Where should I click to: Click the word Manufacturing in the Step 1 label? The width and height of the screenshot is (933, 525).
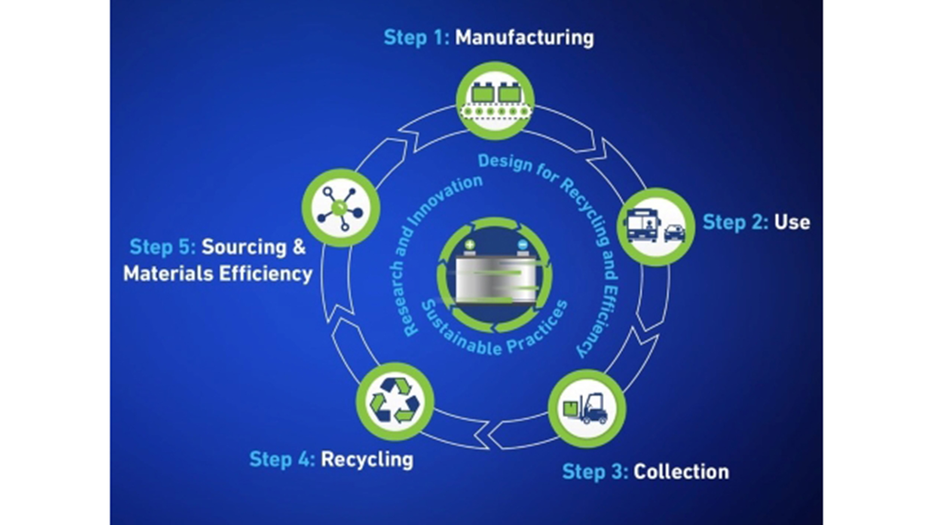(524, 38)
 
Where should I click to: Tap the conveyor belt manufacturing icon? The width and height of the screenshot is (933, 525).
(495, 101)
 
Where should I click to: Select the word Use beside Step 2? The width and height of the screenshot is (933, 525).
(792, 222)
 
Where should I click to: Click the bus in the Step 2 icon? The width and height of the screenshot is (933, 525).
(642, 225)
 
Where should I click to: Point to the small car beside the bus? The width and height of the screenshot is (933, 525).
(674, 233)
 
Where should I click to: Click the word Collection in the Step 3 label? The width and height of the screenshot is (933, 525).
(681, 472)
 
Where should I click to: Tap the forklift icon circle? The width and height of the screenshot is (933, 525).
(587, 408)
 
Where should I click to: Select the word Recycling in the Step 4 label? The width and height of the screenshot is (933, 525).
(367, 459)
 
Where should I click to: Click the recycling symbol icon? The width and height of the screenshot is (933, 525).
(395, 402)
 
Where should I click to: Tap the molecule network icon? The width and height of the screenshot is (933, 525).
(341, 208)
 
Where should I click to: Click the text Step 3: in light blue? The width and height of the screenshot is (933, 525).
(595, 472)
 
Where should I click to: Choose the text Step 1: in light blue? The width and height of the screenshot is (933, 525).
(416, 38)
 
